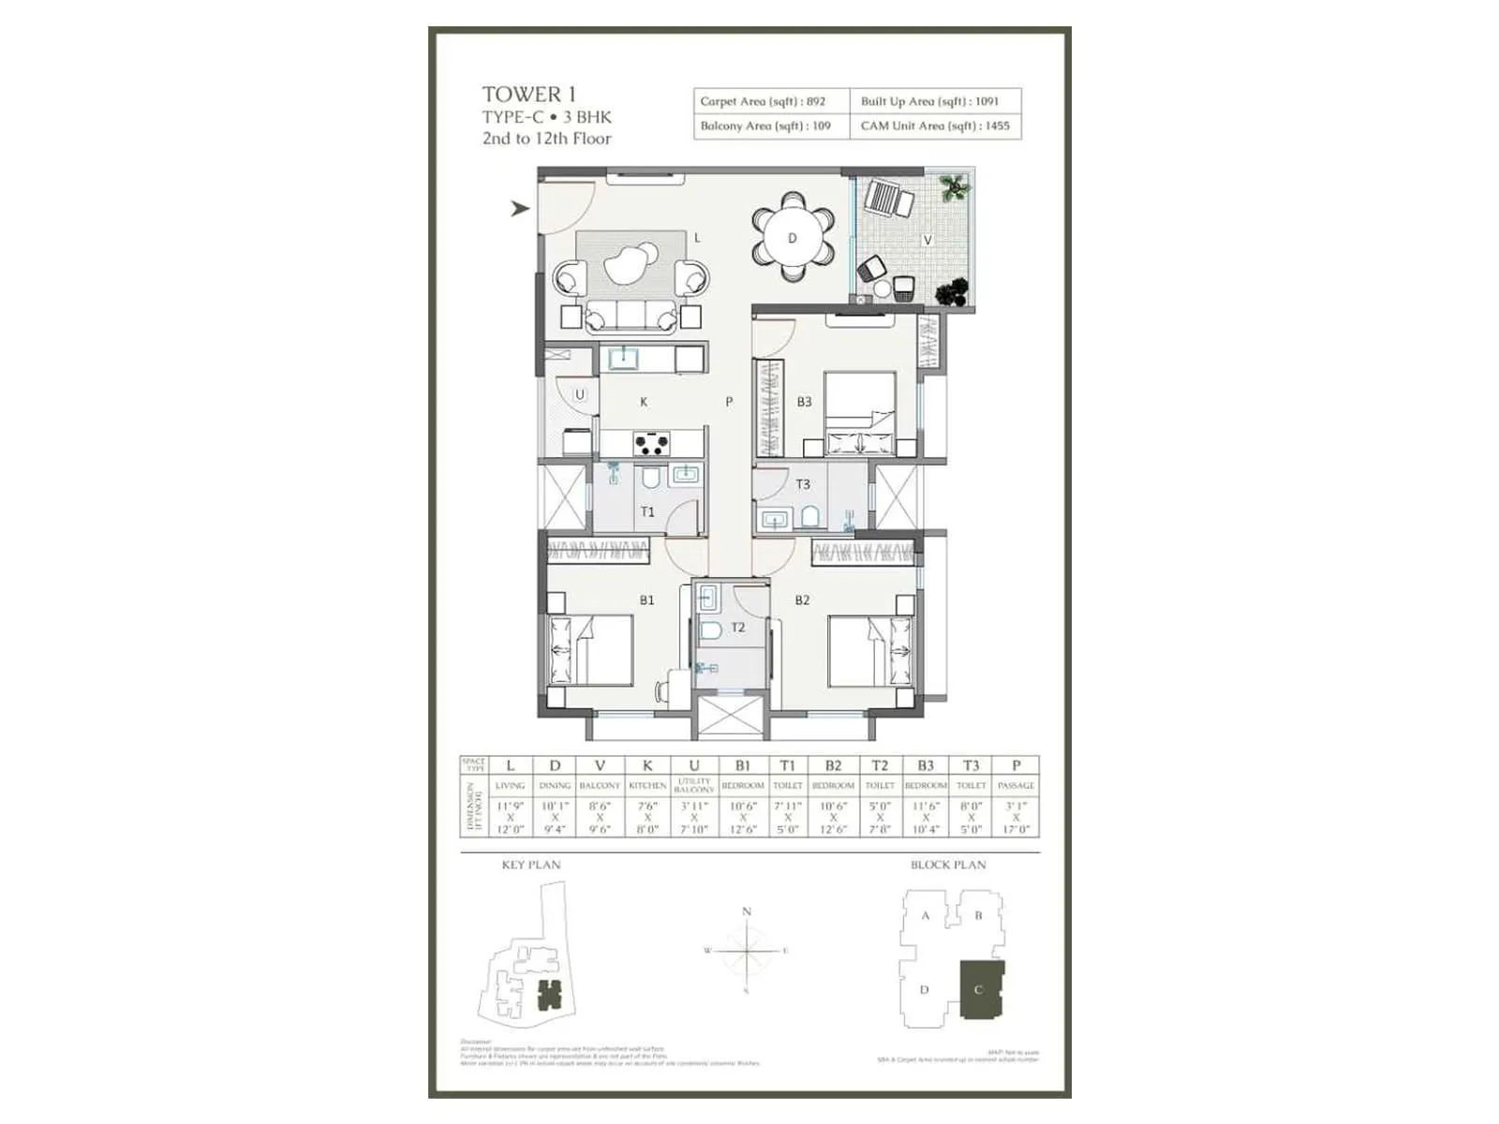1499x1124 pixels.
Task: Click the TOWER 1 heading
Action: (x=529, y=94)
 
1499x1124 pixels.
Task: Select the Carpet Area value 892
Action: (x=815, y=101)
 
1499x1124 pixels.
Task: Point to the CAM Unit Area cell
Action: (x=935, y=126)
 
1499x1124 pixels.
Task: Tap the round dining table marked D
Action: (x=792, y=238)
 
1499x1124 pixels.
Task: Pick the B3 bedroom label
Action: (x=804, y=402)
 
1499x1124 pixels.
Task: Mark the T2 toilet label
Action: (x=738, y=628)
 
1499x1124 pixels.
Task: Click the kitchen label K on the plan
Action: (x=644, y=402)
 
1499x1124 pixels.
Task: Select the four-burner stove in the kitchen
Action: (x=652, y=443)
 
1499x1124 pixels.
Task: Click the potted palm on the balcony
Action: (x=955, y=188)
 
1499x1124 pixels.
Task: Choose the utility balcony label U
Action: (x=580, y=394)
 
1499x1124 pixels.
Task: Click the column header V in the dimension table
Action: (x=600, y=765)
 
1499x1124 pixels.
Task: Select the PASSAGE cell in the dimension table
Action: (x=1016, y=785)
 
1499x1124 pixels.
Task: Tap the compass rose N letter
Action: (x=747, y=911)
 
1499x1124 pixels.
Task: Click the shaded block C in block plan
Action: (x=981, y=990)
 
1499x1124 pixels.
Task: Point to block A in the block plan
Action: (x=926, y=916)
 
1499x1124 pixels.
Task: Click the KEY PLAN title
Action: (x=530, y=865)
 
